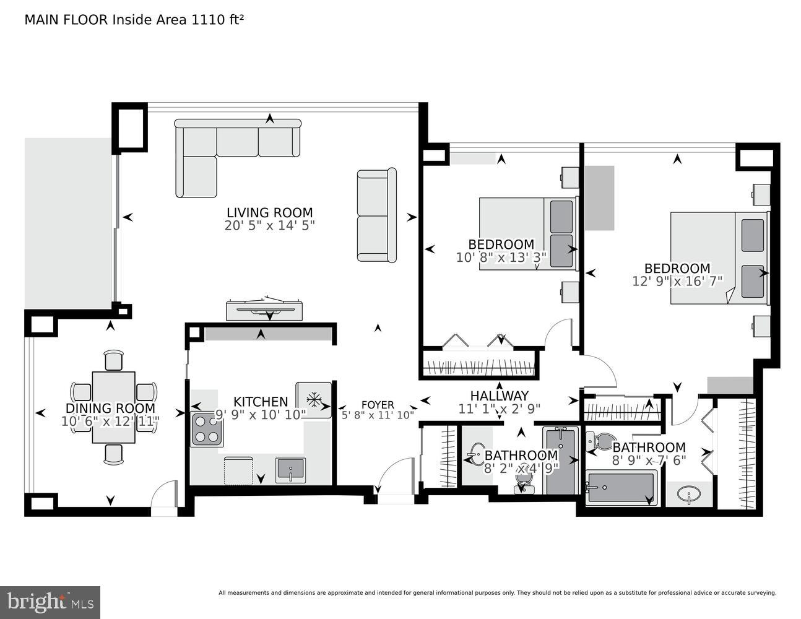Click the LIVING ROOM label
(269, 212)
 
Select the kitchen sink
(290, 469)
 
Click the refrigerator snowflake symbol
(314, 400)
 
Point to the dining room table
(113, 407)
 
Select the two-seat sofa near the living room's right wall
(376, 215)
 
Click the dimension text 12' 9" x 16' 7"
(677, 282)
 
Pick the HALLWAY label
(499, 396)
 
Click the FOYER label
(377, 405)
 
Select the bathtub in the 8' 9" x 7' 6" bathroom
(621, 487)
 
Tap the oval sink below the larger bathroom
(688, 495)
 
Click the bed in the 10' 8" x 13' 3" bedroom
(526, 233)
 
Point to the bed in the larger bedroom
(718, 258)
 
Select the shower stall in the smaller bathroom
(560, 460)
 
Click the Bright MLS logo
(50, 602)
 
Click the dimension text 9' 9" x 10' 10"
(260, 415)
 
